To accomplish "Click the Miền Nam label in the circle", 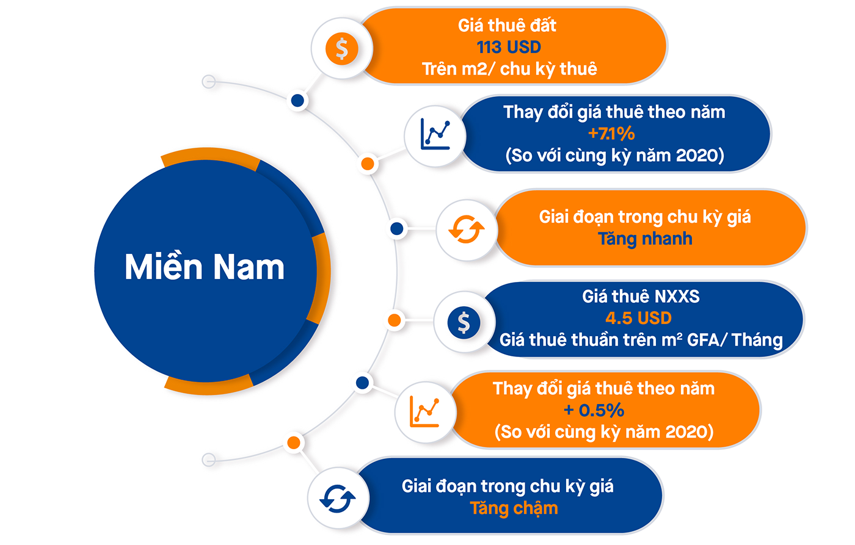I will [205, 267].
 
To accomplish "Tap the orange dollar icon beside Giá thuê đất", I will [341, 48].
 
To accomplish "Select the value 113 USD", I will [509, 47].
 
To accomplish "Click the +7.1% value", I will [611, 134].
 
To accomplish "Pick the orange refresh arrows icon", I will [466, 230].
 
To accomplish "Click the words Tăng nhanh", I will [645, 239].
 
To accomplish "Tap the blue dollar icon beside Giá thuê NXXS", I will [464, 322].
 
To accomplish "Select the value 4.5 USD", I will [638, 318].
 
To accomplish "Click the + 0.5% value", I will [594, 410].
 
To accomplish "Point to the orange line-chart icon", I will [425, 411].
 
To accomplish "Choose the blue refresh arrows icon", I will [338, 499].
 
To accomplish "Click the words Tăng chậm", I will [514, 508].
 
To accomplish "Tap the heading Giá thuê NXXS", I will [641, 297].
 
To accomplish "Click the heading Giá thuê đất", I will [507, 26].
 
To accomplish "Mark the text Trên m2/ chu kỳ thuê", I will [509, 69].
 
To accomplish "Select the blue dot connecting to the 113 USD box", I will [298, 100].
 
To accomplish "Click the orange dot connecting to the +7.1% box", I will [368, 164].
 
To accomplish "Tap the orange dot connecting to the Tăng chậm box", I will [294, 443].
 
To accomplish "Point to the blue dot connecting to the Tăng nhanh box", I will [397, 229].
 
